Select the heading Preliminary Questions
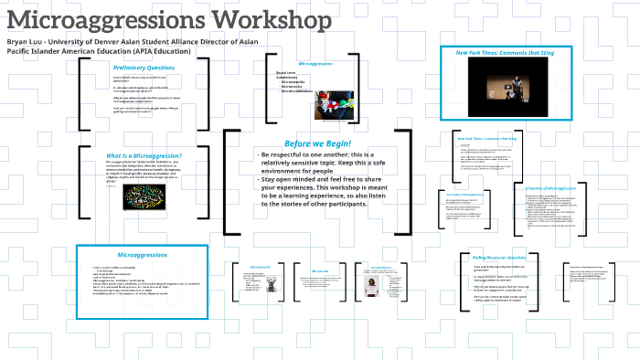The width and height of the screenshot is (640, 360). click(x=144, y=69)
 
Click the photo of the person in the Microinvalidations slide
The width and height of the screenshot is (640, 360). click(x=375, y=286)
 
